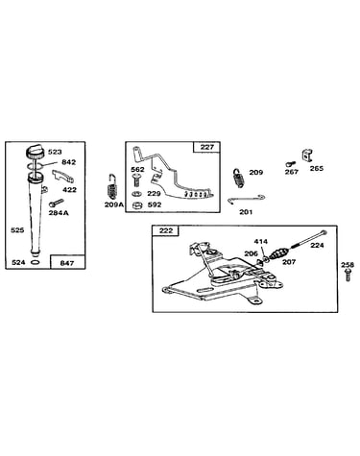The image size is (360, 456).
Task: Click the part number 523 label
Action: pyautogui.click(x=55, y=152)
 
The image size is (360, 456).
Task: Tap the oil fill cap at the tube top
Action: pyautogui.click(x=35, y=151)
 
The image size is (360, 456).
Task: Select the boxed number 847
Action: pyautogui.click(x=67, y=263)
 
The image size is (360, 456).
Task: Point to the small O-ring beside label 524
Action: pyautogui.click(x=36, y=262)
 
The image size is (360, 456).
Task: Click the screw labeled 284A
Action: pyautogui.click(x=57, y=203)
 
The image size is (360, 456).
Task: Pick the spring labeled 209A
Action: pyautogui.click(x=112, y=188)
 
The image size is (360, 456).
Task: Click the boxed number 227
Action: pyautogui.click(x=207, y=147)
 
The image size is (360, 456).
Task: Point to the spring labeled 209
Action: pyautogui.click(x=238, y=179)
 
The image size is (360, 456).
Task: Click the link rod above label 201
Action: pyautogui.click(x=247, y=199)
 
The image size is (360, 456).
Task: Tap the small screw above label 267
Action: pyautogui.click(x=289, y=164)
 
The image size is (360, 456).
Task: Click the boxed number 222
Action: pyautogui.click(x=166, y=230)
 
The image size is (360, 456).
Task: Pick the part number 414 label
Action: pyautogui.click(x=261, y=242)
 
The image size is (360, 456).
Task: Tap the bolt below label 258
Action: pyautogui.click(x=348, y=276)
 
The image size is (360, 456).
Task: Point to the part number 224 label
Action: pyautogui.click(x=317, y=246)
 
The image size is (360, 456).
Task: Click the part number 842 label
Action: pyautogui.click(x=69, y=162)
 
